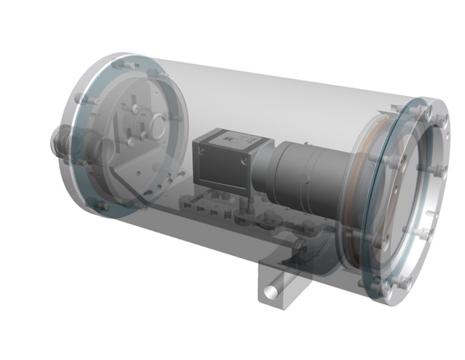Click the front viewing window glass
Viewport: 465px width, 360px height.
coord(404,194)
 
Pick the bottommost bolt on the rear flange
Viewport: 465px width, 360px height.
coord(103,207)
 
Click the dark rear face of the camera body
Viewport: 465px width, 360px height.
coord(205,161)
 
